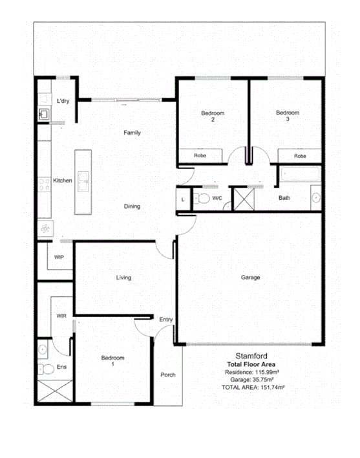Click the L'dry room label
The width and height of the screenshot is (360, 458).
click(x=63, y=101)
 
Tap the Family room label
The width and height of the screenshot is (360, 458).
click(x=132, y=133)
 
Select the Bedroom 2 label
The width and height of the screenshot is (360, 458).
click(x=213, y=116)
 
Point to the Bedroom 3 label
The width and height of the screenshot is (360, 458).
click(x=288, y=116)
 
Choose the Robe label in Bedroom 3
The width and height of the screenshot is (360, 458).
click(x=300, y=156)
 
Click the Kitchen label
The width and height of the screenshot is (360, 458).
click(x=63, y=180)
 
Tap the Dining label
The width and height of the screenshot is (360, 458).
click(x=132, y=206)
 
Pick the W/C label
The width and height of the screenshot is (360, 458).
click(x=217, y=198)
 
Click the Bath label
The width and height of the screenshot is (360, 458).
click(x=284, y=198)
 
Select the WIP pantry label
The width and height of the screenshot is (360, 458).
click(x=59, y=257)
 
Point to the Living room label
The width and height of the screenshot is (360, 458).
click(x=123, y=278)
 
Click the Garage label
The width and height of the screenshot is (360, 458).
click(x=250, y=278)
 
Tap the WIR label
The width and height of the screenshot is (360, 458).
click(x=62, y=316)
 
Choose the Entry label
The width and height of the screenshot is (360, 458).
click(x=165, y=319)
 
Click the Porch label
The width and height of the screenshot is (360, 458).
click(x=168, y=375)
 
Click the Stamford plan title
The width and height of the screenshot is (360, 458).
click(x=252, y=356)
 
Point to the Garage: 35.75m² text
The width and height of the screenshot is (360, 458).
click(x=252, y=380)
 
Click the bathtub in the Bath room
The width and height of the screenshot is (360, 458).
click(x=301, y=174)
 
